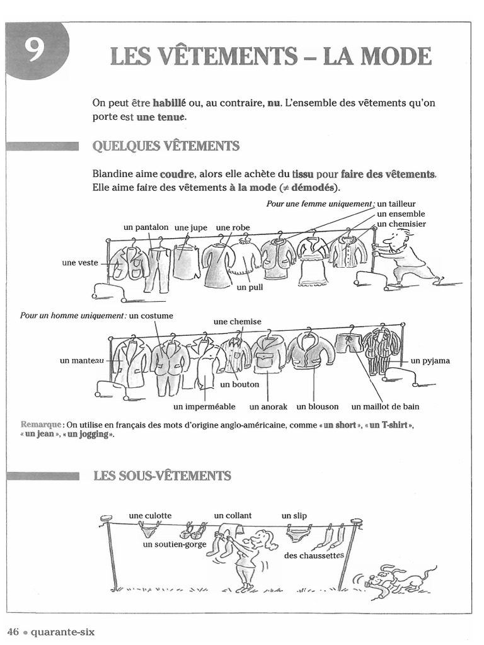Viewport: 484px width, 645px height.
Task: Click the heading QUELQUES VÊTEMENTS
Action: (166, 146)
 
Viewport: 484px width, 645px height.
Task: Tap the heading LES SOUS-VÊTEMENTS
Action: (162, 476)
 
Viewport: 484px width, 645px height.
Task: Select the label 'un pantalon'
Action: (147, 227)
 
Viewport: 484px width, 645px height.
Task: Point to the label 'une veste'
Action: (80, 263)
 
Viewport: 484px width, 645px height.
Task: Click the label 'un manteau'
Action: (82, 360)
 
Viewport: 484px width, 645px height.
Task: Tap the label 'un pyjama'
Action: (430, 361)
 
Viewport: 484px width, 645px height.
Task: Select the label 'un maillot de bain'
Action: (385, 406)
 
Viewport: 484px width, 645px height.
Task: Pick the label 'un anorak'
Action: (268, 406)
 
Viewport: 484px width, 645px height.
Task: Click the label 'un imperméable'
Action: (204, 406)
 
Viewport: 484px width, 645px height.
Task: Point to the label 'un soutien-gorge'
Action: (175, 544)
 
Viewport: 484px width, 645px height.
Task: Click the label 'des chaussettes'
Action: (314, 556)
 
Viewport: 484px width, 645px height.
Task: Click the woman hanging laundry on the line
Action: (250, 557)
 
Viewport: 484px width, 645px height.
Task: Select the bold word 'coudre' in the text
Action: (177, 174)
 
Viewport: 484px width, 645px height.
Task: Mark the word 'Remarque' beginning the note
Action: (41, 425)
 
